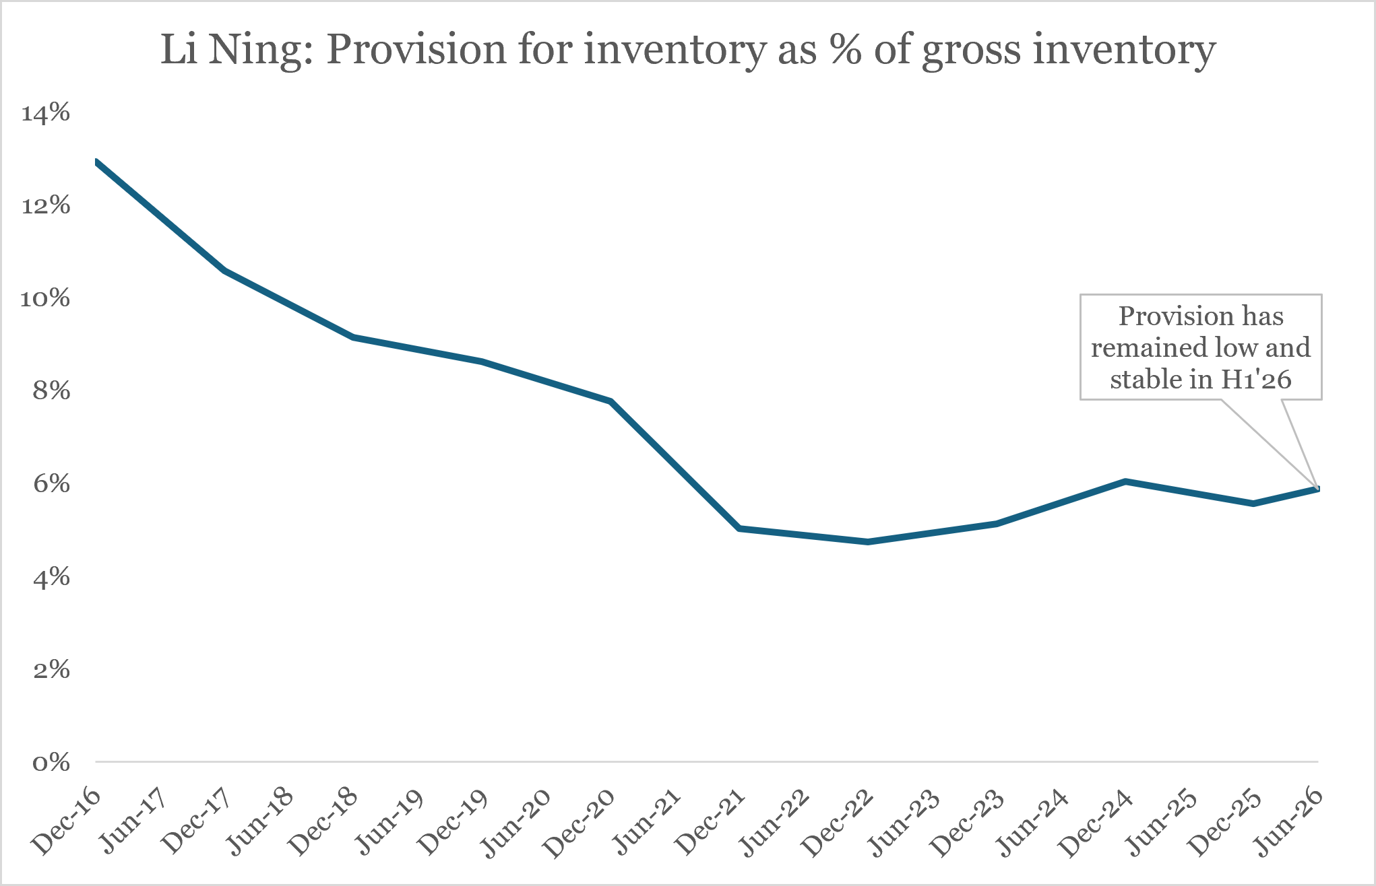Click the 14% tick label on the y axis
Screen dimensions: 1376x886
pos(46,112)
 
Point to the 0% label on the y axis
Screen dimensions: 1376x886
pos(51,762)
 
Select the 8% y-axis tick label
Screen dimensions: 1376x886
pos(51,390)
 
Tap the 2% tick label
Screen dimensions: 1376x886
pos(51,669)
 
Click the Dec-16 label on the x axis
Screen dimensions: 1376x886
pos(67,821)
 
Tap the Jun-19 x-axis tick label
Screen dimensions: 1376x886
pos(389,821)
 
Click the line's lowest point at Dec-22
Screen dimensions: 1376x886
pos(868,542)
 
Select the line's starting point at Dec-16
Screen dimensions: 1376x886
pos(96,162)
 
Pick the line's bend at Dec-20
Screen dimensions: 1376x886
pos(611,402)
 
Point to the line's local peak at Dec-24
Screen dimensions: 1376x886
pos(1125,481)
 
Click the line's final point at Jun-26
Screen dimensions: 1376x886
pos(1318,489)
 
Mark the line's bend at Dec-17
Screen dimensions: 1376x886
pos(224,271)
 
